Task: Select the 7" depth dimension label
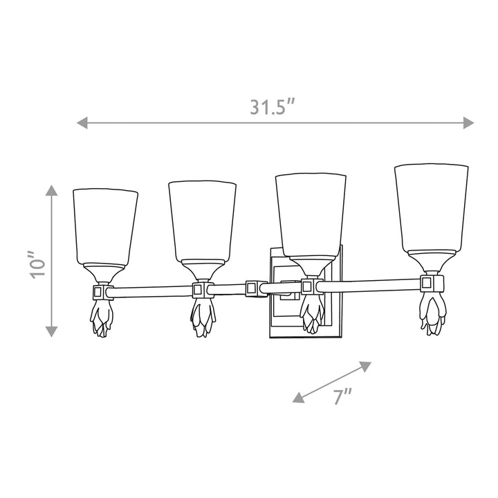click(342, 396)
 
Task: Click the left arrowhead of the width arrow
click(82, 122)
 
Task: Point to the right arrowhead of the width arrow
click(468, 122)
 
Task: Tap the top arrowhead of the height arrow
click(51, 190)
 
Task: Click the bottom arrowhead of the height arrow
click(51, 331)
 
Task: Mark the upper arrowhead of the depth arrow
click(365, 366)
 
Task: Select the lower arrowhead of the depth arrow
click(298, 398)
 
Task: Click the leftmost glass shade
click(105, 227)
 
